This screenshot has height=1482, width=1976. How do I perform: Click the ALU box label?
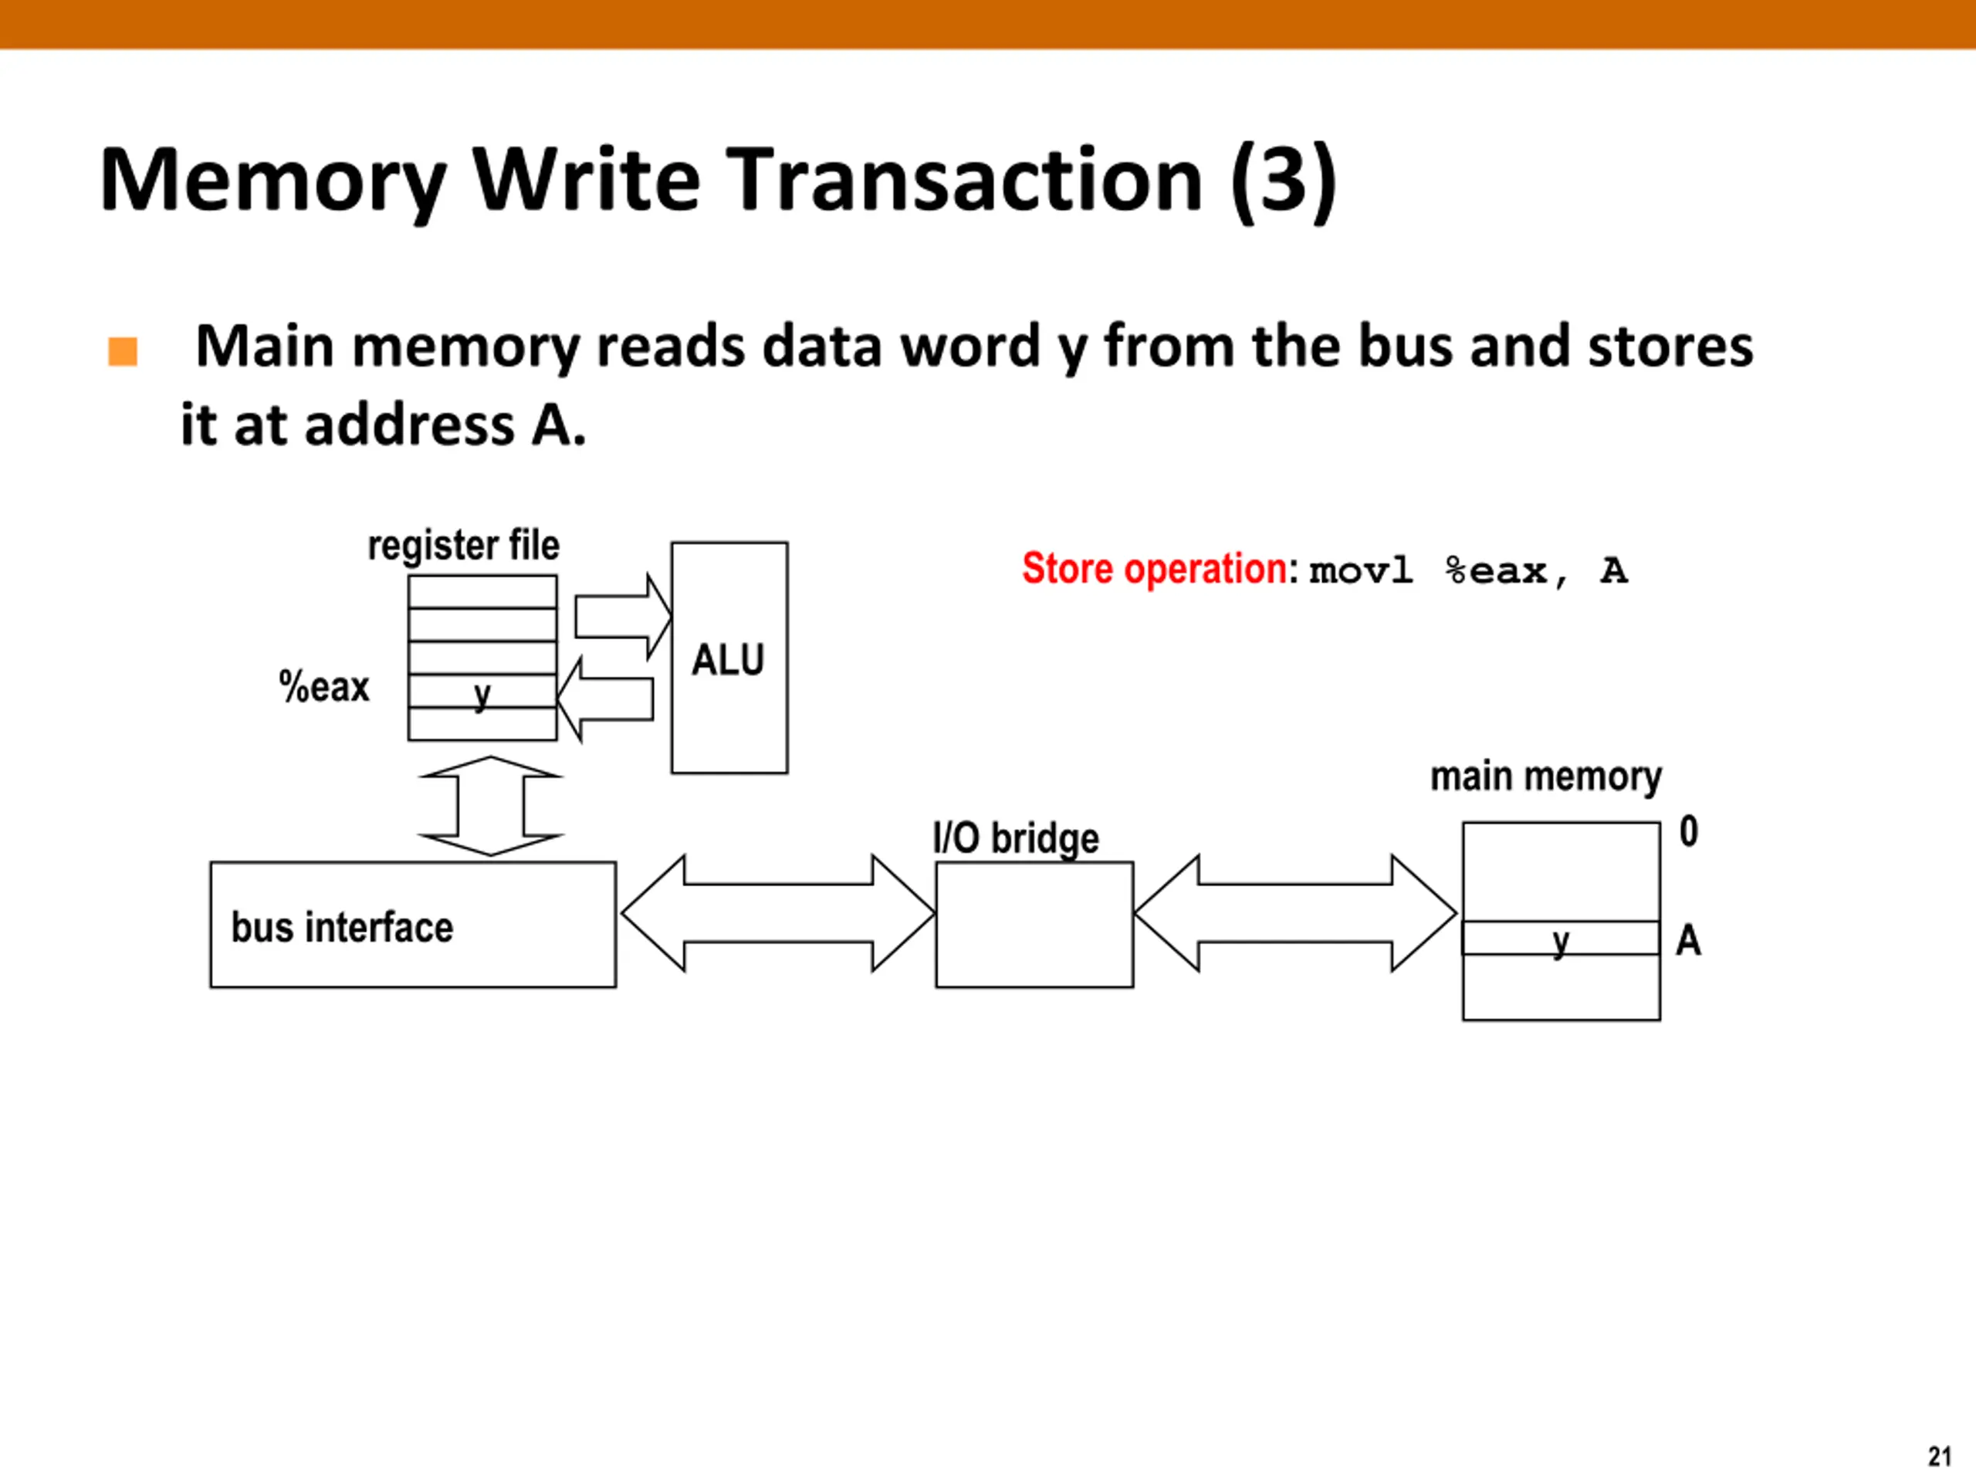click(728, 660)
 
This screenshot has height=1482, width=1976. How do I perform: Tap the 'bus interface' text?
click(342, 926)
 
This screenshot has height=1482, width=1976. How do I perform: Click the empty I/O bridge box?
click(1034, 925)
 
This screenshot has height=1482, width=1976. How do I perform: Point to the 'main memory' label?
click(1546, 777)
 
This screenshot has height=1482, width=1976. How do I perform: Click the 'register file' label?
click(464, 546)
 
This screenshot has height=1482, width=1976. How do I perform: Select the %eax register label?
click(324, 687)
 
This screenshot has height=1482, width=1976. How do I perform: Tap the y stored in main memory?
click(1561, 942)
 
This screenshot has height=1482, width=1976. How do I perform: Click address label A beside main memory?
click(1688, 940)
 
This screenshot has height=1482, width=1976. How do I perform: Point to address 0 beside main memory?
click(1688, 831)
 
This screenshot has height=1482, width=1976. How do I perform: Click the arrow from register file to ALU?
click(623, 617)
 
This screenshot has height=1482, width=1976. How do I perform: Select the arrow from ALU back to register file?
click(605, 699)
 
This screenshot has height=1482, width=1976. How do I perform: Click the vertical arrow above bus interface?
click(490, 806)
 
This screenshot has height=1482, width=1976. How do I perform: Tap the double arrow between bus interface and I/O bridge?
click(778, 913)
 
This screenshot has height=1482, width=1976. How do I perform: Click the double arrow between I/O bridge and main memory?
click(1295, 913)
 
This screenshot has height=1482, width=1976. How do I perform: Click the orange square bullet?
click(123, 351)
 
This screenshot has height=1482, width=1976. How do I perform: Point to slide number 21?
click(1940, 1456)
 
